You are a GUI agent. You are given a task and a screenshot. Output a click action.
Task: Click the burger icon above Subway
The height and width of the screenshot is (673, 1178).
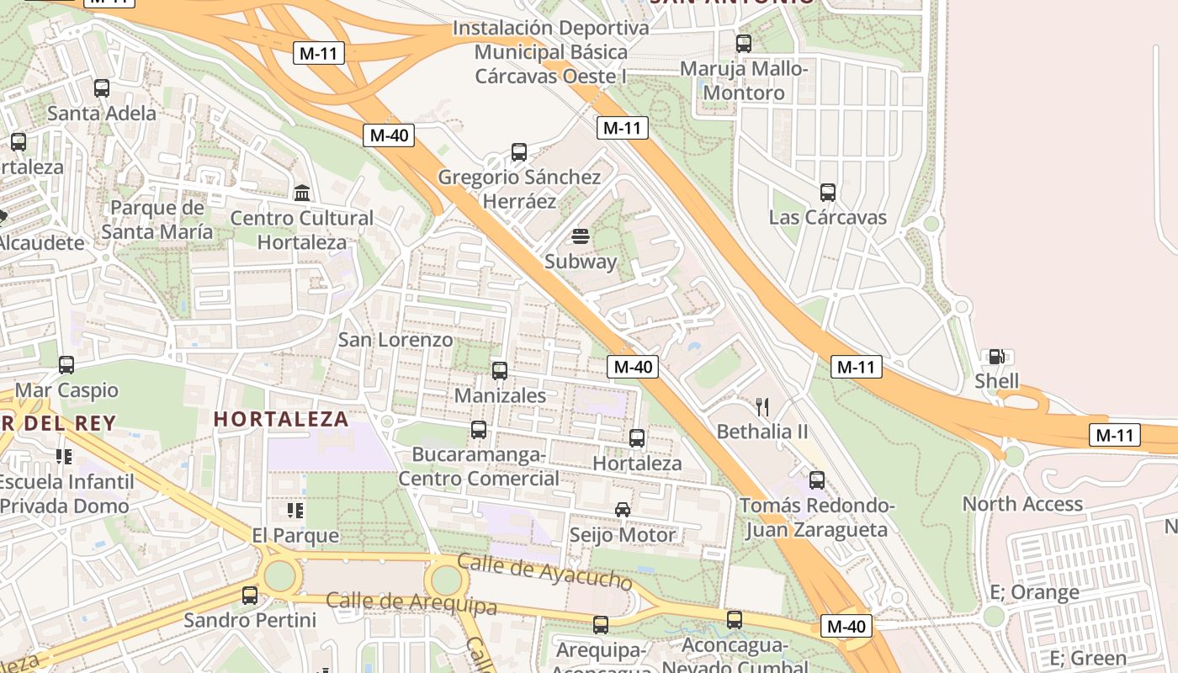(x=581, y=236)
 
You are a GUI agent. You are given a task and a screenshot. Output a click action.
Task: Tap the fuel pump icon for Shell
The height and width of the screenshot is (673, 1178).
(x=996, y=357)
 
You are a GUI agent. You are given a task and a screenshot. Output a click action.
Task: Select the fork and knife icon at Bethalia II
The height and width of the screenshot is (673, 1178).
(x=762, y=407)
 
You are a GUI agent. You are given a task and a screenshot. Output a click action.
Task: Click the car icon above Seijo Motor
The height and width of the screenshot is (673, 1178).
(x=623, y=510)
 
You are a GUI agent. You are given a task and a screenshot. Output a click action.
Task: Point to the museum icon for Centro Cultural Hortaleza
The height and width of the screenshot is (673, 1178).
(x=302, y=193)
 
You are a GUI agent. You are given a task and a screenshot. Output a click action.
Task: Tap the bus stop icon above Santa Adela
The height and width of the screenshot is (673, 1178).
(x=102, y=87)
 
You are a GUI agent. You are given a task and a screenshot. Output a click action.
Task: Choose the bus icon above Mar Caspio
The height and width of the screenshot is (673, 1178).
(x=66, y=365)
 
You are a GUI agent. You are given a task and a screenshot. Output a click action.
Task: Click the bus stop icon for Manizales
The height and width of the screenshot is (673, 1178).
(x=500, y=370)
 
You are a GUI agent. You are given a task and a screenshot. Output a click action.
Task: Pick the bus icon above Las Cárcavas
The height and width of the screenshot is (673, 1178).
(x=828, y=193)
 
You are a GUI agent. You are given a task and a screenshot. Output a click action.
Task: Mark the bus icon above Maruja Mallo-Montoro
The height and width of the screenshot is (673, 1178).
(x=744, y=43)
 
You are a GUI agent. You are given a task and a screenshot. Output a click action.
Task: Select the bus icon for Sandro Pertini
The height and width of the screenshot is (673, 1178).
(x=250, y=596)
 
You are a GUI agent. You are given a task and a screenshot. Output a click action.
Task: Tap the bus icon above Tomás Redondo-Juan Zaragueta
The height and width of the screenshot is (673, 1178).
(x=817, y=480)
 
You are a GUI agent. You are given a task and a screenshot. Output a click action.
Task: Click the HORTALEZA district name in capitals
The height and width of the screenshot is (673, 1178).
(x=281, y=419)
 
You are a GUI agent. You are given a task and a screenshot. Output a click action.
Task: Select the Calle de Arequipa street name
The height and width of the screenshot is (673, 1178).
(x=411, y=602)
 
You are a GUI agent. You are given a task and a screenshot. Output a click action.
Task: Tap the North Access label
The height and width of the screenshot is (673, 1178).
(x=1022, y=504)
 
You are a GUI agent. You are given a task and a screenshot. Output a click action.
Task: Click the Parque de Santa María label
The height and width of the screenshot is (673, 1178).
(x=157, y=219)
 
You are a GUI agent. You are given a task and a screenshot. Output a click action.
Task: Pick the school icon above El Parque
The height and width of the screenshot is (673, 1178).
(x=294, y=510)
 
